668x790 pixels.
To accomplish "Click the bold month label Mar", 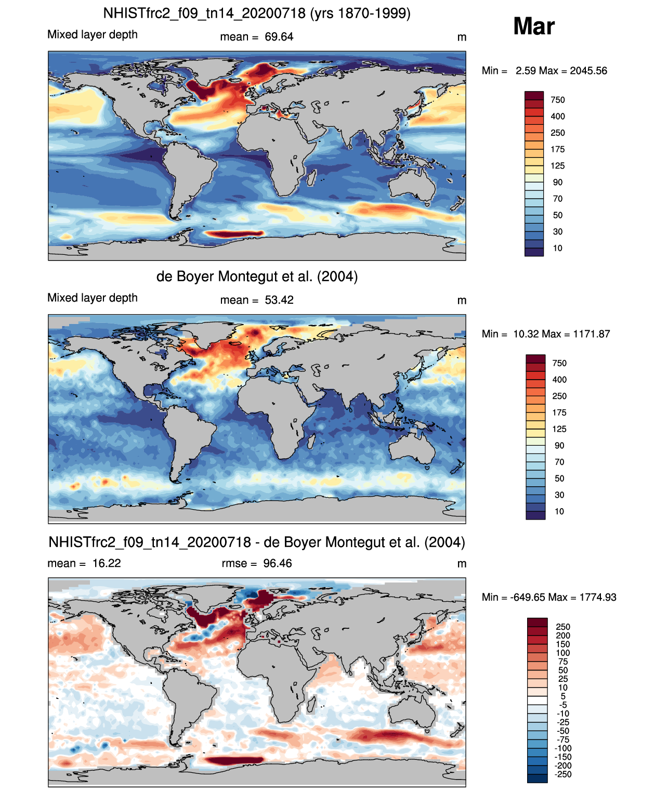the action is [533, 27].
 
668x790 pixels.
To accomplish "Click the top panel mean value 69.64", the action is [279, 37].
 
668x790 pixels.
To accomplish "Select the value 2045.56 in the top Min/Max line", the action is [588, 71].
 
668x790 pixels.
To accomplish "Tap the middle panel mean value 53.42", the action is [279, 300].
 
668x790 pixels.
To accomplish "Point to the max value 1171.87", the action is [591, 334].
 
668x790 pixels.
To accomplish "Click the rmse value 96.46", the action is [277, 563].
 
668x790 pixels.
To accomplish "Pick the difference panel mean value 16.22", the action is [107, 563].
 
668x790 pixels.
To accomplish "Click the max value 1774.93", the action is [598, 598].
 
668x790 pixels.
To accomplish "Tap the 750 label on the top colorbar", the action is [558, 100].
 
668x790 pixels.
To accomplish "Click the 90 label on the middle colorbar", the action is [559, 445].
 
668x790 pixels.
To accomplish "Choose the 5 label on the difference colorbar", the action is [563, 696].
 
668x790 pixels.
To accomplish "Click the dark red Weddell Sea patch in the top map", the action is [234, 233].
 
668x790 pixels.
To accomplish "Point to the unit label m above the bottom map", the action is [462, 564].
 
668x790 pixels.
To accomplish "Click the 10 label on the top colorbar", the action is [558, 248].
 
